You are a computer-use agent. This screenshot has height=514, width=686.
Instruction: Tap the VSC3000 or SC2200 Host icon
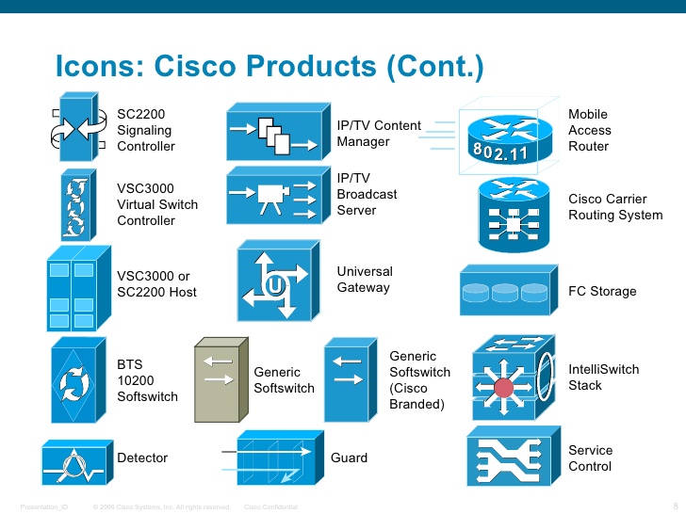pyautogui.click(x=73, y=285)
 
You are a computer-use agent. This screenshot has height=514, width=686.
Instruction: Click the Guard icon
pyautogui.click(x=272, y=458)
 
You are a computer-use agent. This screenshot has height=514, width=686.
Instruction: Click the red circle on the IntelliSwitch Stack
pyautogui.click(x=504, y=386)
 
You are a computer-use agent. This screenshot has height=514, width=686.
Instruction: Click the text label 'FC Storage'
pyautogui.click(x=602, y=292)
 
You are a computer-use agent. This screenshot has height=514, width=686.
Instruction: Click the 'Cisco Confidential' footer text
pyautogui.click(x=269, y=507)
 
